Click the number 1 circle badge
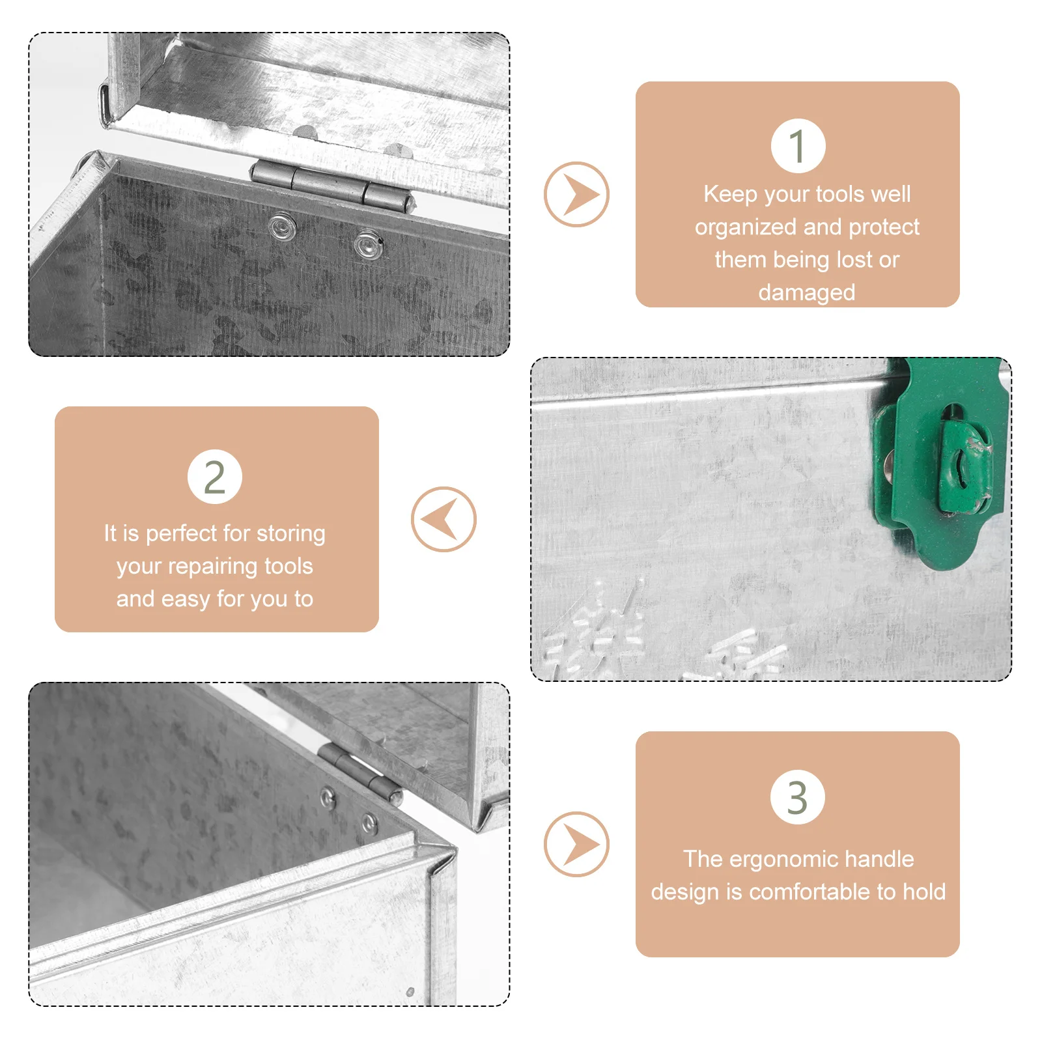click(x=798, y=146)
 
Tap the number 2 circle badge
click(x=215, y=477)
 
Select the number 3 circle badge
click(x=798, y=796)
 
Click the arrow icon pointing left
click(x=444, y=519)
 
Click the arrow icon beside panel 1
click(x=576, y=194)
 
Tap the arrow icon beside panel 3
click(x=576, y=844)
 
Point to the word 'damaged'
click(x=807, y=292)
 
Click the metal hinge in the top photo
click(x=333, y=186)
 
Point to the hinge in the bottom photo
click(x=360, y=772)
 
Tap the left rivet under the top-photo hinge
click(x=283, y=227)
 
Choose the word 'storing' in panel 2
click(x=290, y=534)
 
